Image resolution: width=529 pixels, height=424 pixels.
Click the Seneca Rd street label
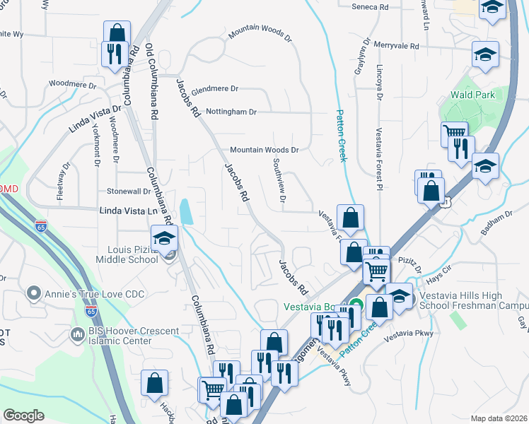(x=371, y=7)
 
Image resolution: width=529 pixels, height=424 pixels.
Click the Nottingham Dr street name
(x=231, y=112)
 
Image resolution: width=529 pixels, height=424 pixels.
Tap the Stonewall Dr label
(x=128, y=192)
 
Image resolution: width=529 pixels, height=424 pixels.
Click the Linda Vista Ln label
(x=128, y=211)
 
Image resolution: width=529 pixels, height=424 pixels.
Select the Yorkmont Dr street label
(x=96, y=146)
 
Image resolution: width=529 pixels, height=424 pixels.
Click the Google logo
(x=23, y=416)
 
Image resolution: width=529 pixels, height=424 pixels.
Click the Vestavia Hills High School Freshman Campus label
(x=473, y=300)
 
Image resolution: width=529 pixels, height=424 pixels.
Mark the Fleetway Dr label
(x=64, y=181)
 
